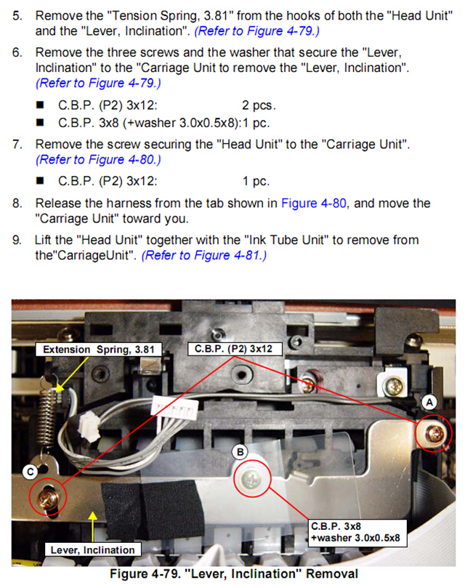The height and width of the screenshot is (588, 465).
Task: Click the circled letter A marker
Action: (429, 403)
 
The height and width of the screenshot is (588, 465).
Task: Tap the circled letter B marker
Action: (240, 452)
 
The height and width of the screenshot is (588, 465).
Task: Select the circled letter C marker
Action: (31, 472)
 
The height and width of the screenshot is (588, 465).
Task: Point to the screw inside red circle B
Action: (251, 479)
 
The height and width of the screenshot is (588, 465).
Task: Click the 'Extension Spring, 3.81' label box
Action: (99, 350)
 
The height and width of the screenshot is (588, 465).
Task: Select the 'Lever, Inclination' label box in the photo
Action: (92, 549)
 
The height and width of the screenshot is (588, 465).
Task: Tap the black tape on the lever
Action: (153, 507)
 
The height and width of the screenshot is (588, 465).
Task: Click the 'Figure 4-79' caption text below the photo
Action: (234, 573)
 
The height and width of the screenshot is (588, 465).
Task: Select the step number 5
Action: (17, 16)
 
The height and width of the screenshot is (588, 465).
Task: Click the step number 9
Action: (17, 240)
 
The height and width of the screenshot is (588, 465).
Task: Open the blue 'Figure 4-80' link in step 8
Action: (314, 204)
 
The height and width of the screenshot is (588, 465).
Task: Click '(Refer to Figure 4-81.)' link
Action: (204, 255)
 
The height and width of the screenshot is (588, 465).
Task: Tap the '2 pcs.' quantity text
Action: (259, 105)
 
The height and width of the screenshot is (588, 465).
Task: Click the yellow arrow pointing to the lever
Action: (93, 527)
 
